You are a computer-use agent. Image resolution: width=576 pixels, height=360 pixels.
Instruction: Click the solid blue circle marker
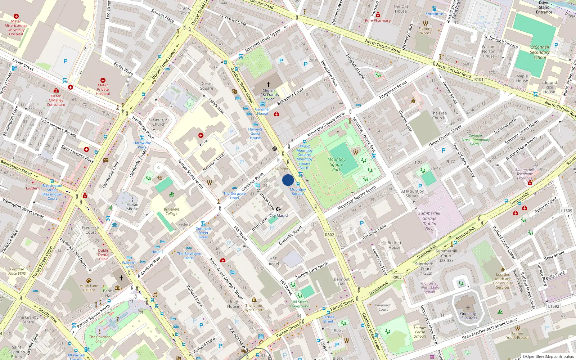tap(288, 180)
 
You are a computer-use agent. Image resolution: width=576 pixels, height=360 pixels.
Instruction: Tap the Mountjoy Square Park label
tap(336, 164)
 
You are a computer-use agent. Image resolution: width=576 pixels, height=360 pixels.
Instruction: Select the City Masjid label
tap(279, 216)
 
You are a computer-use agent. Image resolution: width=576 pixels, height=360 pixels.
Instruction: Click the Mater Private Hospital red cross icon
tap(103, 80)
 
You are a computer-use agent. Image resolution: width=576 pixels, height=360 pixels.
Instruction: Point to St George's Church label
tap(159, 122)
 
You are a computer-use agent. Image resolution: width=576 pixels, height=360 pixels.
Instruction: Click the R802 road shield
tap(330, 235)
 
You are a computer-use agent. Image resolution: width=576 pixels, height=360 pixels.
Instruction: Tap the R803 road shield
tap(397, 277)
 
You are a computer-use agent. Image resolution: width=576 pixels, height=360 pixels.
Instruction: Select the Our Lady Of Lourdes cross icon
tap(468, 308)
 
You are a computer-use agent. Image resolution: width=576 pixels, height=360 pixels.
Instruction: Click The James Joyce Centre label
tap(254, 307)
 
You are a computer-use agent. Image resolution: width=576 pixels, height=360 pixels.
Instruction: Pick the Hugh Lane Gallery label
tap(89, 288)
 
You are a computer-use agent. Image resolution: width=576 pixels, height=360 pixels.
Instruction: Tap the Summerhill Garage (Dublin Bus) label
tap(429, 221)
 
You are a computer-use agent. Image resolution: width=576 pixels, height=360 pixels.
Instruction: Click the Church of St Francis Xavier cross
tap(268, 85)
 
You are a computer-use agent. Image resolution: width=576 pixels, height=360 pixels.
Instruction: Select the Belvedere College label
tap(171, 211)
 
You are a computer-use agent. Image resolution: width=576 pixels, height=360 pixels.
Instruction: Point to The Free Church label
tap(439, 115)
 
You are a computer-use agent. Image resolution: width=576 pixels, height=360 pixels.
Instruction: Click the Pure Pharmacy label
tap(378, 21)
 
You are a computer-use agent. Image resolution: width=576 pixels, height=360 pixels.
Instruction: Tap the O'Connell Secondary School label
tap(539, 52)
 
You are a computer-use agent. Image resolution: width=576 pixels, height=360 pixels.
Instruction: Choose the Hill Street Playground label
tap(300, 304)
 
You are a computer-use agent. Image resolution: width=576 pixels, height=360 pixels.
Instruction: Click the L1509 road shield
tap(566, 211)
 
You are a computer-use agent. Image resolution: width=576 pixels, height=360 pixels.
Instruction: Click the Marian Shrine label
tap(132, 207)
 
